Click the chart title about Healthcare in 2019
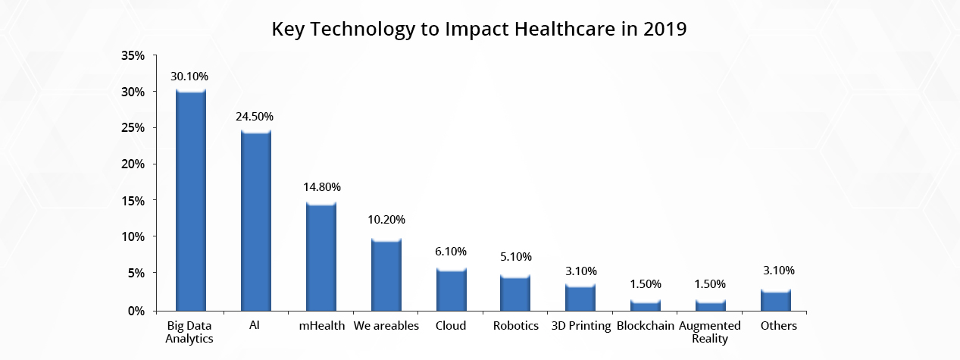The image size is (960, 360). coord(480,30)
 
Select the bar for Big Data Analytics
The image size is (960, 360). coord(191,201)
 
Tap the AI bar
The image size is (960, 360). coord(255,221)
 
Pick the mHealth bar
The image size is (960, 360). coord(321,256)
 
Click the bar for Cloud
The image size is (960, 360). coord(451,290)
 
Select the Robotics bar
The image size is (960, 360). coord(515,293)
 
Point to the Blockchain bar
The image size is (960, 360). coord(646,305)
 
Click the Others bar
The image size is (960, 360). coord(776,300)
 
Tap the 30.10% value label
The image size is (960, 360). coord(190,77)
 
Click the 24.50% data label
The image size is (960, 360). coord(255,117)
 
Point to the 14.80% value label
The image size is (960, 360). coord(321,186)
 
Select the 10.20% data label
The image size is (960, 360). coord(386,220)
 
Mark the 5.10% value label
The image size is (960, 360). coord(515,257)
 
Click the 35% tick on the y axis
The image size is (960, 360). coord(133,56)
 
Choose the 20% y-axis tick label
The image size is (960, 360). coord(133,164)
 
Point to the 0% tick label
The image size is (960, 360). coord(136,311)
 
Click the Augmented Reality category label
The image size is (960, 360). coord(710,332)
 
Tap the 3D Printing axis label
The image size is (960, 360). coord(580,326)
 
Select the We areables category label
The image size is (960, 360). coord(386,326)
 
